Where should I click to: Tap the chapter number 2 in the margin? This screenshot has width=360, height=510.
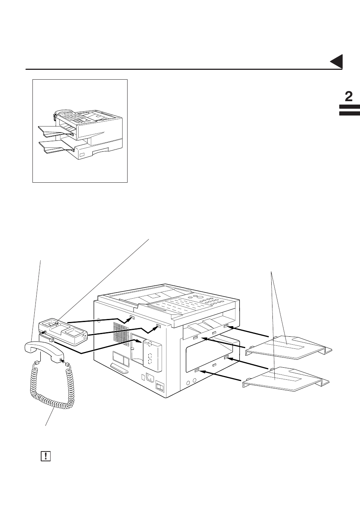[x=349, y=97]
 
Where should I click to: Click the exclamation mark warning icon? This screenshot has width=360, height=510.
[x=45, y=456]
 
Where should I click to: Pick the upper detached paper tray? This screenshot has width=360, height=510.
[x=289, y=347]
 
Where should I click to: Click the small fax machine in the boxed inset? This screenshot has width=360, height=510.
[x=81, y=134]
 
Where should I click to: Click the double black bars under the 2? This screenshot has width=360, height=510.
[x=349, y=110]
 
